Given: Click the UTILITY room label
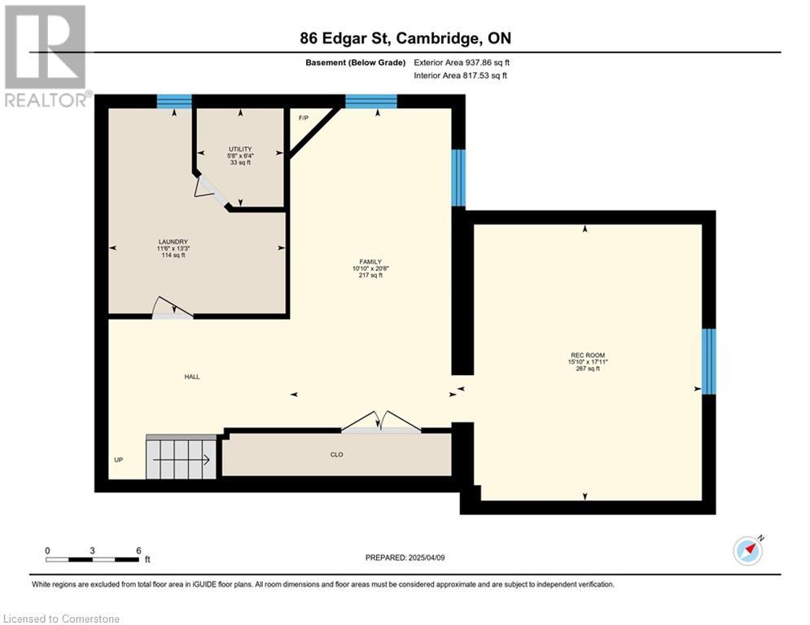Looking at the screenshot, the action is [x=240, y=149].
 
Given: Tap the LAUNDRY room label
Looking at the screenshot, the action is [x=173, y=242].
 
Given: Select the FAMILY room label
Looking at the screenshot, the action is [x=370, y=262].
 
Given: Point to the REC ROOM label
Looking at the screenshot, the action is [x=588, y=356].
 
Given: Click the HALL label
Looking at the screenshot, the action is [x=192, y=377].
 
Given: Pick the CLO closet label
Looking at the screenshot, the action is [x=337, y=455].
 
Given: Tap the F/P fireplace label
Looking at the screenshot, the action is [x=304, y=118].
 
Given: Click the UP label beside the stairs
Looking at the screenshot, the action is [x=118, y=460].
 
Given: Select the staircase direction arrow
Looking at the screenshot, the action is [x=182, y=459].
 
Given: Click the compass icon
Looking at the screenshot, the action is [x=747, y=551].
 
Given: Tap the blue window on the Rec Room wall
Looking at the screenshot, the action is [x=709, y=361].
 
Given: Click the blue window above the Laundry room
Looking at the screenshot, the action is [x=174, y=101].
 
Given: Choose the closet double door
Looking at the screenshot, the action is [x=381, y=422].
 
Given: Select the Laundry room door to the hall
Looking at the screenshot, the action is [x=173, y=308].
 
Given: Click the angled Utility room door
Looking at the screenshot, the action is [x=211, y=190].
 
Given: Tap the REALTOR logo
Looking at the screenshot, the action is [x=46, y=56].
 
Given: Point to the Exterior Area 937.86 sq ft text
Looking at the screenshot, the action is [x=462, y=63].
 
